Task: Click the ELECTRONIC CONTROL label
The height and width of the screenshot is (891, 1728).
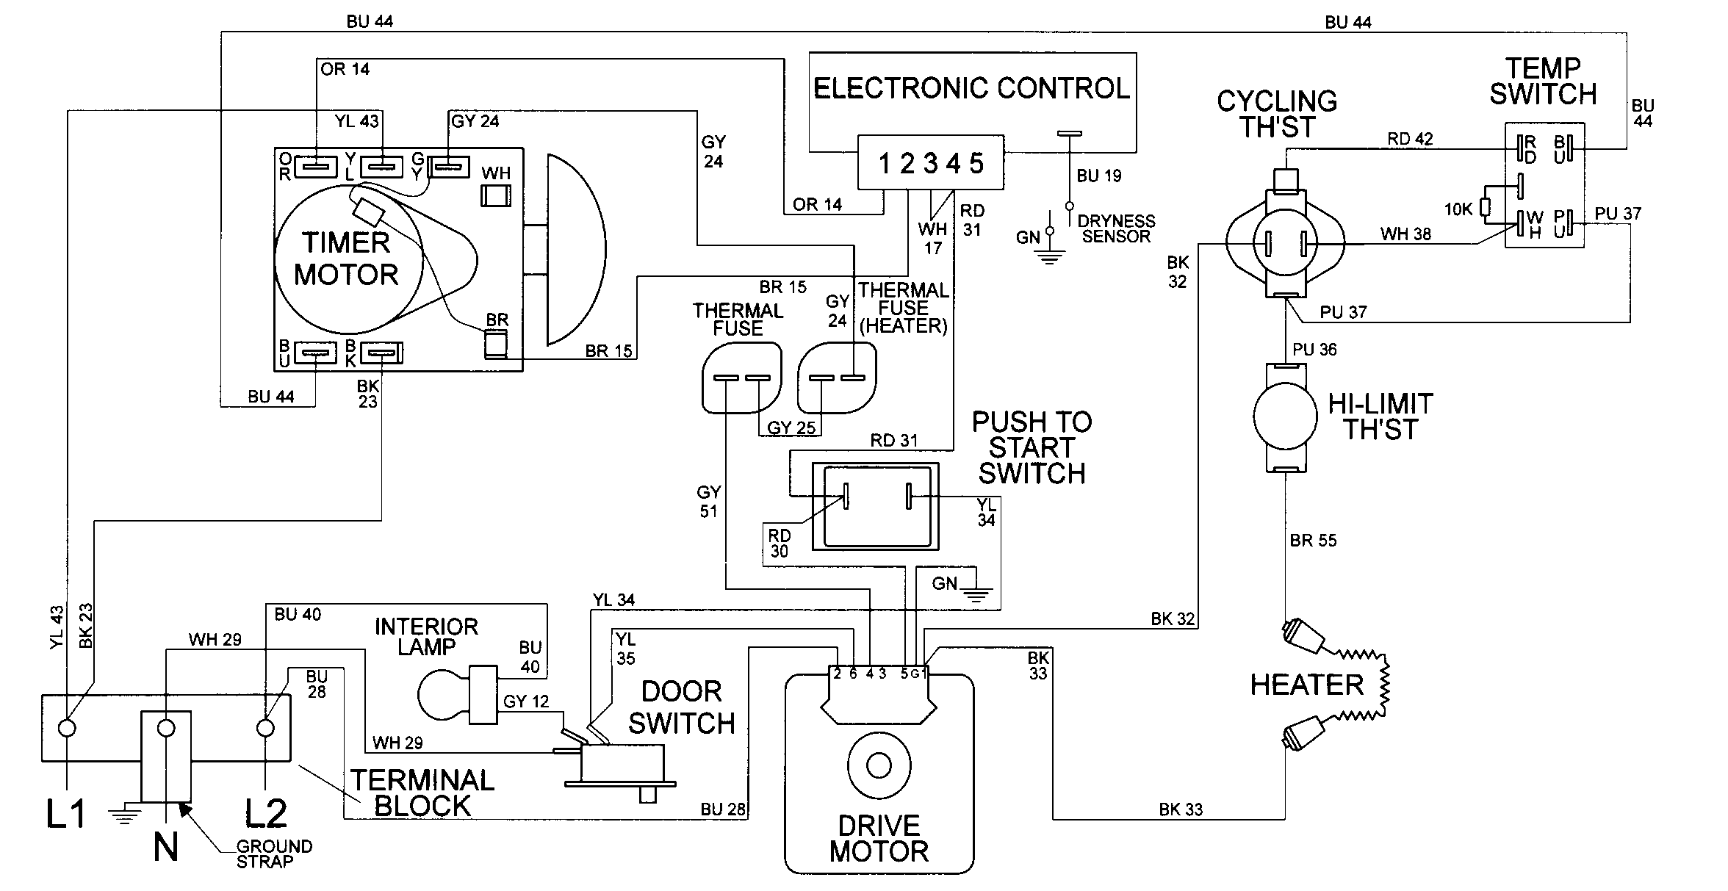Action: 971,88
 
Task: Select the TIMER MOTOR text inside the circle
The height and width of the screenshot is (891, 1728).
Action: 346,259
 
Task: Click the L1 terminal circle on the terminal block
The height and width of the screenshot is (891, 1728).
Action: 67,728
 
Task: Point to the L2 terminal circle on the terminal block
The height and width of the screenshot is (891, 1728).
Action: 265,728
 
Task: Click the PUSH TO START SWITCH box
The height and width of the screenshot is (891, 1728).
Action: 875,506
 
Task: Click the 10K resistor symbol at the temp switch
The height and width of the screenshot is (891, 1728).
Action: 1486,209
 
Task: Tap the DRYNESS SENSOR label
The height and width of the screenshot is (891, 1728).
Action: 1115,228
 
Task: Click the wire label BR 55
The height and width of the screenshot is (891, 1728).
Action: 1313,541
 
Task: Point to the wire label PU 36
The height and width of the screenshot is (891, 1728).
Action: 1314,350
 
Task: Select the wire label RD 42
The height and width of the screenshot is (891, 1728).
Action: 1410,139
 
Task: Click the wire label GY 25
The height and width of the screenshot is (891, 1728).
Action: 791,428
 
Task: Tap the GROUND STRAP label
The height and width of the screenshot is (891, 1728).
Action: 274,854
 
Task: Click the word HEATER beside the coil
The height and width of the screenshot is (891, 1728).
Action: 1306,685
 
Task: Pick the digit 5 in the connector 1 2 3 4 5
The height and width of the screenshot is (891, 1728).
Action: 976,164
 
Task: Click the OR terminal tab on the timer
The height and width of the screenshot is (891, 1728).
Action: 315,167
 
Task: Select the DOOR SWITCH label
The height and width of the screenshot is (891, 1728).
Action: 681,707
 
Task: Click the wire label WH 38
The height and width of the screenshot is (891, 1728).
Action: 1405,234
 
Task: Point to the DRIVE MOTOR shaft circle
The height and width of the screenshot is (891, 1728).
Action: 879,765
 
